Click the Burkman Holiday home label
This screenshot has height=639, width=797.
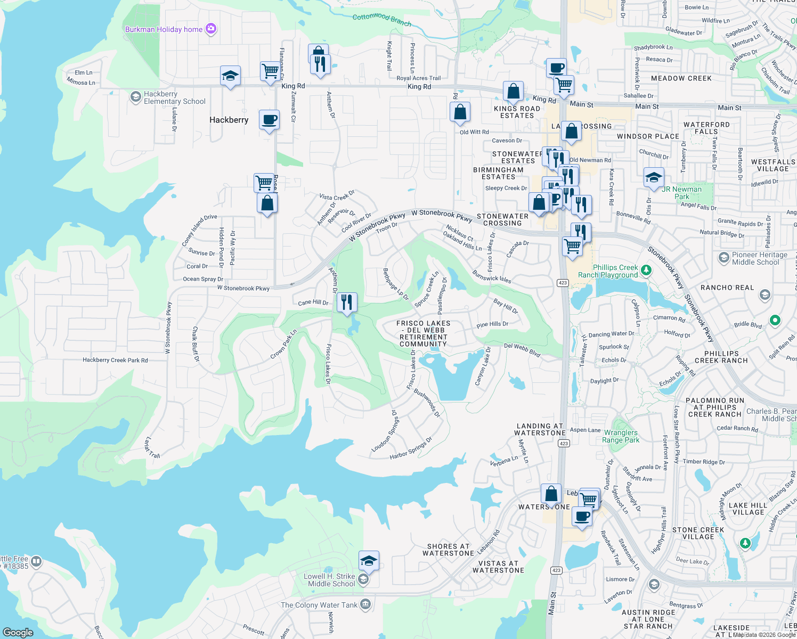[x=164, y=29]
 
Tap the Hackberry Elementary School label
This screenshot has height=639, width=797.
[x=174, y=97]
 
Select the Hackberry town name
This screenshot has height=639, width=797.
[x=229, y=120]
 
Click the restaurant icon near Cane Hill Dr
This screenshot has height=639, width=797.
[x=347, y=302]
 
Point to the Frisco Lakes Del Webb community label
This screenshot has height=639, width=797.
[x=424, y=334]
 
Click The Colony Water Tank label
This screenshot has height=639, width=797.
[x=319, y=605]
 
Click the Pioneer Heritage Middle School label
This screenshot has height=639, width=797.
[x=759, y=258]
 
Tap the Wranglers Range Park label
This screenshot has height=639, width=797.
[x=621, y=436]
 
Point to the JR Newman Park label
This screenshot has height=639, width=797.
[x=681, y=193]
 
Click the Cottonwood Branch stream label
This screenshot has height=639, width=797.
[x=382, y=19]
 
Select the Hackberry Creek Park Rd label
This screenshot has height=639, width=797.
[x=115, y=360]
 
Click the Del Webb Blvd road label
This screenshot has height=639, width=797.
[x=522, y=349]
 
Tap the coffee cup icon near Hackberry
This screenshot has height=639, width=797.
[x=270, y=119]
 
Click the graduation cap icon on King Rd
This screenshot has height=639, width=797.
[x=230, y=76]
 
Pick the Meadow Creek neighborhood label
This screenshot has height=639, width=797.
[x=681, y=78]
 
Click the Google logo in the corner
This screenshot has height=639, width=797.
[x=18, y=632]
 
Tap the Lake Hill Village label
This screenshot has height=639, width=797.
[x=748, y=509]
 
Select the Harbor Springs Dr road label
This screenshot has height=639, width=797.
[x=411, y=448]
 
